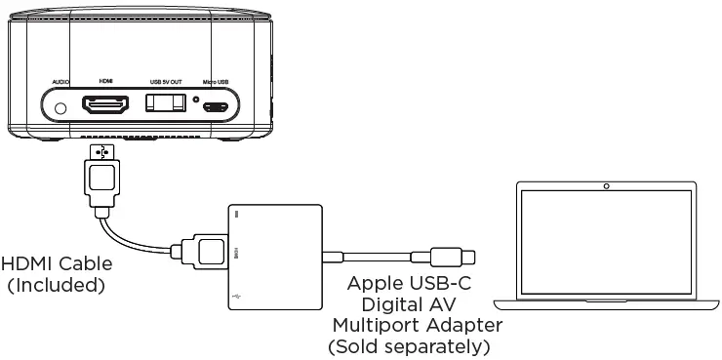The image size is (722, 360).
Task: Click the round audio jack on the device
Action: (62, 106)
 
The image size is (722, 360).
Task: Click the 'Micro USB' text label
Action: (216, 82)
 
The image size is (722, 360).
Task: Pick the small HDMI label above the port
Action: (107, 82)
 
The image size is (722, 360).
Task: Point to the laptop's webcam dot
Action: (607, 185)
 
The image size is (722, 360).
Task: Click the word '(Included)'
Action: (56, 286)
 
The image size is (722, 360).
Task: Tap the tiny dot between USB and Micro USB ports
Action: (195, 100)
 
